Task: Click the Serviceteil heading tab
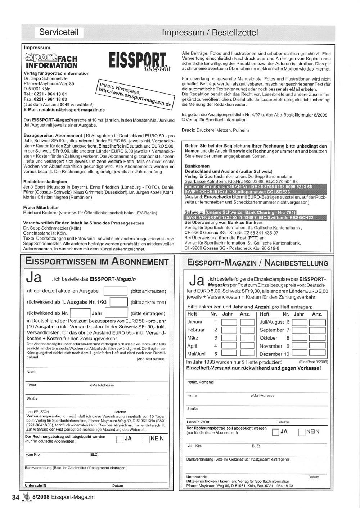pyautogui.click(x=59, y=32)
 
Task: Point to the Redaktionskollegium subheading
pyautogui.click(x=45, y=182)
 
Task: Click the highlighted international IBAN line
pyautogui.click(x=248, y=187)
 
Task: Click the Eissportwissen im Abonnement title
pyautogui.click(x=97, y=262)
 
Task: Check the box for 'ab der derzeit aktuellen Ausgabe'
pyautogui.click(x=115, y=291)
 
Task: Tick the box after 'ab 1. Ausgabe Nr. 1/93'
pyautogui.click(x=118, y=302)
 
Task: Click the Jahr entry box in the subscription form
pyautogui.click(x=116, y=313)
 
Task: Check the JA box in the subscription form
pyautogui.click(x=120, y=439)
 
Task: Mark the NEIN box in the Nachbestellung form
pyautogui.click(x=302, y=432)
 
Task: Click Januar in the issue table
pyautogui.click(x=195, y=322)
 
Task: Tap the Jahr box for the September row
pyautogui.click(x=299, y=330)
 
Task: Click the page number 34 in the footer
pyautogui.click(x=15, y=498)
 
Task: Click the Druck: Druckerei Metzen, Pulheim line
pyautogui.click(x=215, y=130)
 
